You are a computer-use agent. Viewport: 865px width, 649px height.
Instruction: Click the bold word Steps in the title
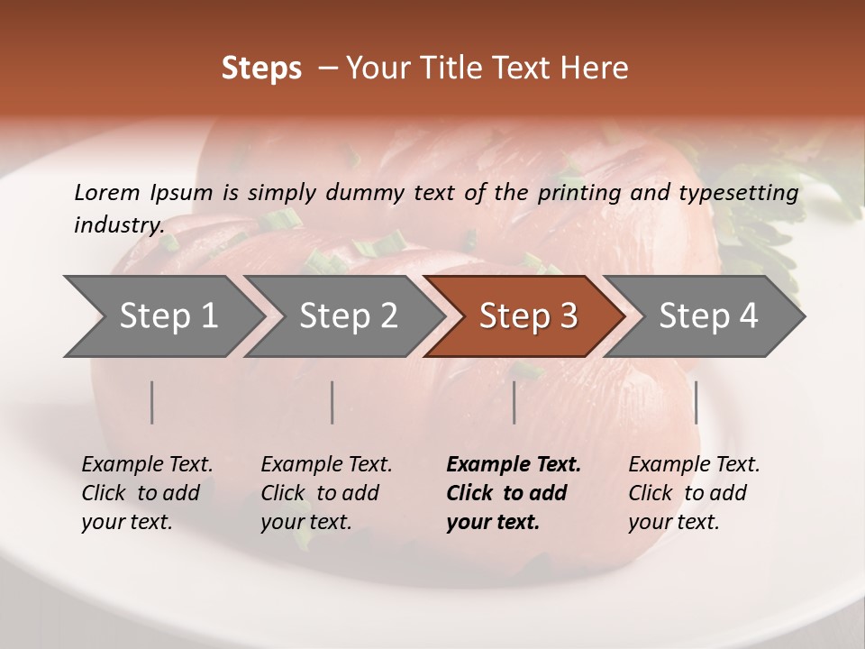(261, 69)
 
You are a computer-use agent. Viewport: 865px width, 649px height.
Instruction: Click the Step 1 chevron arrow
(162, 316)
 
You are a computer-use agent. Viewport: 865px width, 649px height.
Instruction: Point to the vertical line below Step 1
(152, 402)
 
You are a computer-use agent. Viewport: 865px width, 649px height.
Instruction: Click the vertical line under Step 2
(332, 402)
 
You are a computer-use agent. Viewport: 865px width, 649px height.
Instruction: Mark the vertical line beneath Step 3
(514, 402)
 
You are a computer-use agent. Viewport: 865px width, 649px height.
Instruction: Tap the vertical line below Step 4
(696, 402)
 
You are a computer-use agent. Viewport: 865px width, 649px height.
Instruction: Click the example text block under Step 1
(147, 493)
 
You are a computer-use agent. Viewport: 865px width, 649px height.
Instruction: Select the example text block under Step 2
(326, 493)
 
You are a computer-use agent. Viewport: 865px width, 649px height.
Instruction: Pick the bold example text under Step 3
(514, 493)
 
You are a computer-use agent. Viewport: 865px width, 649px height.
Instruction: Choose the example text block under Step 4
(694, 493)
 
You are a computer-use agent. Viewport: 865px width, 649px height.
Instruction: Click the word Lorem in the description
(107, 193)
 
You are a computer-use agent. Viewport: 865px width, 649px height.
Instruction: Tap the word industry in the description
(118, 225)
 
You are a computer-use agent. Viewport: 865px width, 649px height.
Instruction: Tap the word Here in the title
(598, 69)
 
